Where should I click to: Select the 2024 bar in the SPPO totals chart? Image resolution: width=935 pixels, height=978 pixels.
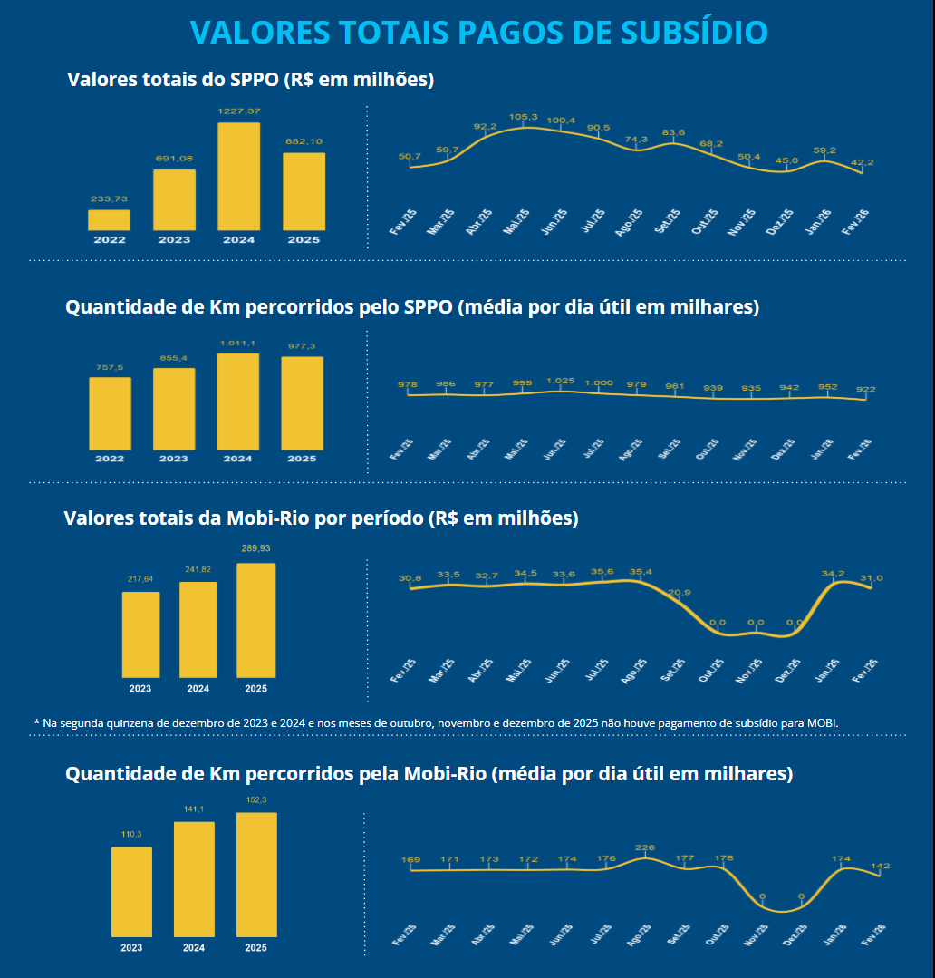[x=238, y=176]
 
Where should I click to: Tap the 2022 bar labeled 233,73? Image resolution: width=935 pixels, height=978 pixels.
[x=109, y=220]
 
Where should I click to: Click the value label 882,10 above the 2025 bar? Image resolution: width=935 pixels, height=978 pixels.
[x=304, y=141]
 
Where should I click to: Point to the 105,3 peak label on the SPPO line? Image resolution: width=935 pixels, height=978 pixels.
[x=524, y=117]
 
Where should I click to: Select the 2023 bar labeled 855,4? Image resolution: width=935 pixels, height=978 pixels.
[x=174, y=408]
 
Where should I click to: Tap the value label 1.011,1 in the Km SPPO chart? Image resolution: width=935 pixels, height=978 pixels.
[x=238, y=343]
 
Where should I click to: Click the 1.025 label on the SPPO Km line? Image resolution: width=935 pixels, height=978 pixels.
[x=561, y=381]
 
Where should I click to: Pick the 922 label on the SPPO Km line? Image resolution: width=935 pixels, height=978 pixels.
[x=866, y=390]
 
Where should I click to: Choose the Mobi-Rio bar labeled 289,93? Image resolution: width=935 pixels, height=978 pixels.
[x=255, y=620]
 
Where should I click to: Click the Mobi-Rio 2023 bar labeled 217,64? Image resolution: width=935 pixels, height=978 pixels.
[x=140, y=634]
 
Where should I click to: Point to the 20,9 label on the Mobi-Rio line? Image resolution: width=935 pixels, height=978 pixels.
[x=680, y=593]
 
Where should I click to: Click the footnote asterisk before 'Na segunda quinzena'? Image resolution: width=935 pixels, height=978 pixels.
[x=37, y=722]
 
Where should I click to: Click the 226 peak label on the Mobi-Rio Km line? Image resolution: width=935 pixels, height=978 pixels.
[x=644, y=848]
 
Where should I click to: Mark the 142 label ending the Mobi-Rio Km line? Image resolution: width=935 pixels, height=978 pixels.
[x=880, y=867]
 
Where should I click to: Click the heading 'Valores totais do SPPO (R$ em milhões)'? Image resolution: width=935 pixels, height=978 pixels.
[x=251, y=80]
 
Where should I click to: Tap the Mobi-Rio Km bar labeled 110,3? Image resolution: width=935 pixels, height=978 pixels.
[x=131, y=892]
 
